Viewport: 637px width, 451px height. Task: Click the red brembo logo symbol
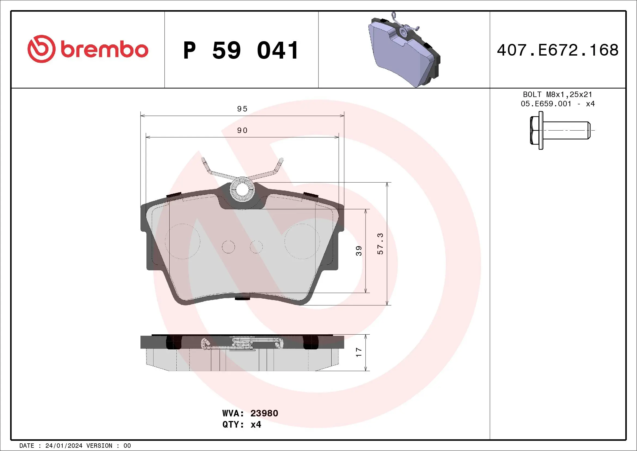pyautogui.click(x=41, y=49)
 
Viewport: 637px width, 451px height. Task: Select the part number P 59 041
pyautogui.click(x=241, y=50)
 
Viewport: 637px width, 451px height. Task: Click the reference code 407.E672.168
pyautogui.click(x=558, y=50)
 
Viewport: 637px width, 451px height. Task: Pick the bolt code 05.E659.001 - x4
pyautogui.click(x=558, y=104)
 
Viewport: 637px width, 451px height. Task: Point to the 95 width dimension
pyautogui.click(x=242, y=109)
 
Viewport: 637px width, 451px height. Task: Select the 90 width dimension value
pyautogui.click(x=242, y=131)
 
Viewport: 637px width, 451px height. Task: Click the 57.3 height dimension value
pyautogui.click(x=380, y=244)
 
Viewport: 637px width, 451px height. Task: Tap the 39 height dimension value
pyautogui.click(x=359, y=251)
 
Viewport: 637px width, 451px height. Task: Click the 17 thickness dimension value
pyautogui.click(x=359, y=352)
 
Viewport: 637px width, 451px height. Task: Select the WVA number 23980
pyautogui.click(x=264, y=413)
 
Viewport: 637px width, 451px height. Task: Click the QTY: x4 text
pyautogui.click(x=242, y=425)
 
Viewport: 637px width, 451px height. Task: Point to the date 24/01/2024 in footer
pyautogui.click(x=63, y=446)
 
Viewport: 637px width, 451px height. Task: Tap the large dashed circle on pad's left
pyautogui.click(x=182, y=241)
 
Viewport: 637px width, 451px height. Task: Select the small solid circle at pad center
pyautogui.click(x=228, y=247)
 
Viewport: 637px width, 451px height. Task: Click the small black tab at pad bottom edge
pyautogui.click(x=243, y=298)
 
